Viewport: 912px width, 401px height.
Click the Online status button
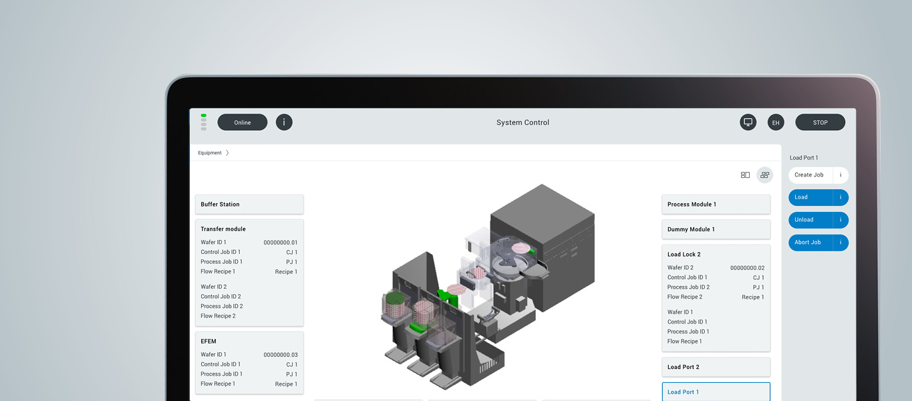(x=242, y=122)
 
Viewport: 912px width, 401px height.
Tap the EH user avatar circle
(x=776, y=122)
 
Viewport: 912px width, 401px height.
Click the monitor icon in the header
(x=748, y=122)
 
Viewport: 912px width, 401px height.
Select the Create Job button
(x=809, y=175)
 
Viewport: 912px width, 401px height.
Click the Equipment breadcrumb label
(x=210, y=153)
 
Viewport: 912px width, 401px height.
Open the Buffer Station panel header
(x=249, y=205)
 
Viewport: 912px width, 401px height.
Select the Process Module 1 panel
(x=716, y=205)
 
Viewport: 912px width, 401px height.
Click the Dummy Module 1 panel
(x=716, y=229)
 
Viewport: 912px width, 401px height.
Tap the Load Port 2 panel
(x=716, y=367)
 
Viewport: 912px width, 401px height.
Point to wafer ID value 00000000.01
(x=281, y=243)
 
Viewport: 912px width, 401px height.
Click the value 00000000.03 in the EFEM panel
(x=281, y=355)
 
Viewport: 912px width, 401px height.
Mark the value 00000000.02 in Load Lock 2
(x=747, y=268)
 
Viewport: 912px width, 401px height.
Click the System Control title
(x=522, y=122)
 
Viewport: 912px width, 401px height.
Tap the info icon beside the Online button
(x=284, y=122)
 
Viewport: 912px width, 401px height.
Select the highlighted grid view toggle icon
(x=764, y=175)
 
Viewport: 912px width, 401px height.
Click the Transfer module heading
(x=223, y=229)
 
